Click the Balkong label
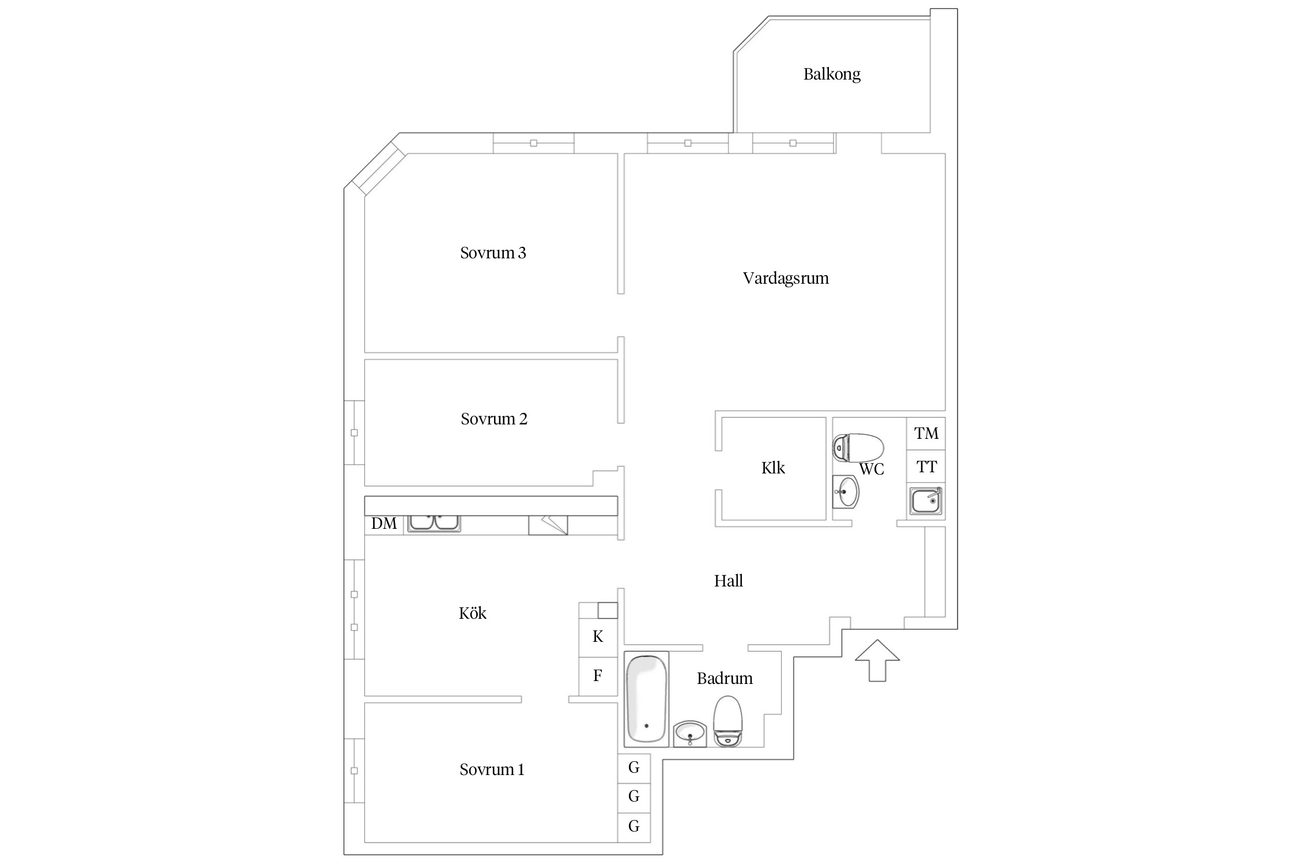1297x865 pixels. click(x=831, y=74)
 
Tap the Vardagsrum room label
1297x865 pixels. click(x=785, y=279)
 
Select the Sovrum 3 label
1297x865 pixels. click(x=493, y=253)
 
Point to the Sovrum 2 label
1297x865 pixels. click(x=493, y=419)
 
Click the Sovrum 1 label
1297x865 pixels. click(x=492, y=770)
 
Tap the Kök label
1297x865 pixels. click(x=472, y=613)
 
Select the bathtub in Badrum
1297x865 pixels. click(x=646, y=699)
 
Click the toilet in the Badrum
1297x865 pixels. click(x=727, y=721)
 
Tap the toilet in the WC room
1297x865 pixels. click(x=858, y=447)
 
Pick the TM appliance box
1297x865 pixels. click(x=926, y=434)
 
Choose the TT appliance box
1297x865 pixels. click(x=926, y=467)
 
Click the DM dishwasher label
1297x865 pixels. click(x=384, y=524)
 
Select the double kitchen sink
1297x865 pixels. click(x=434, y=522)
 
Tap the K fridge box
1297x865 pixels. click(x=598, y=637)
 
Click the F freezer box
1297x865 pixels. click(x=598, y=675)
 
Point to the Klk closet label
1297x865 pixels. click(x=772, y=468)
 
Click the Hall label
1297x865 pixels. click(x=728, y=581)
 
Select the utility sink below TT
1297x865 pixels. click(x=925, y=501)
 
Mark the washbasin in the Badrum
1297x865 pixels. click(x=689, y=734)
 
